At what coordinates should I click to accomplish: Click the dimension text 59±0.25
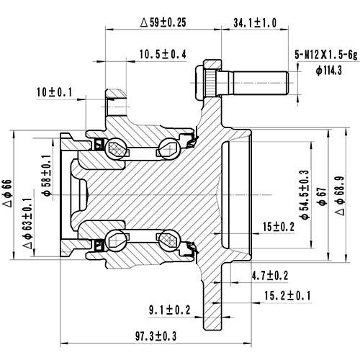[163, 22]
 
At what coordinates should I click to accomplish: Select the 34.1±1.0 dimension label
[255, 22]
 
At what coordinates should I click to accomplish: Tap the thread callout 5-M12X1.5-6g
[325, 54]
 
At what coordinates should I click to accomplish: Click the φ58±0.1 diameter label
[47, 177]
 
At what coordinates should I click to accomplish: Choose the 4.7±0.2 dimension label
[271, 275]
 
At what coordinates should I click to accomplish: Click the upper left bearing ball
[115, 150]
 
